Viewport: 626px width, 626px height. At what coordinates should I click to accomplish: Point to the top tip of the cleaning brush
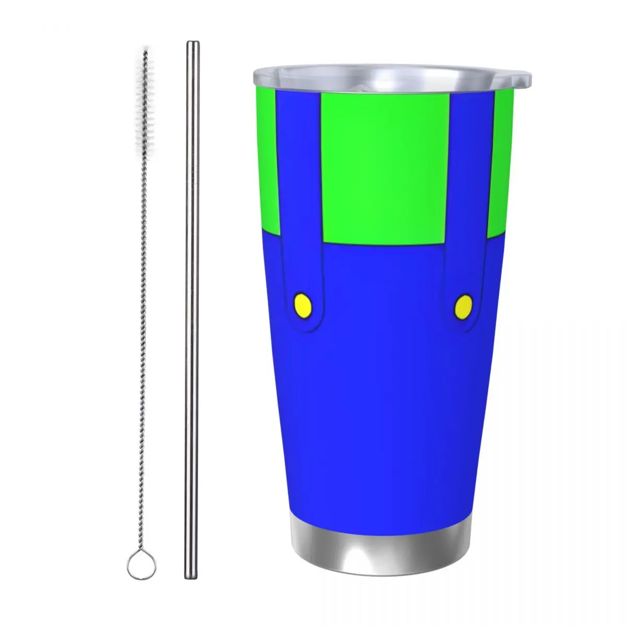click(x=145, y=52)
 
